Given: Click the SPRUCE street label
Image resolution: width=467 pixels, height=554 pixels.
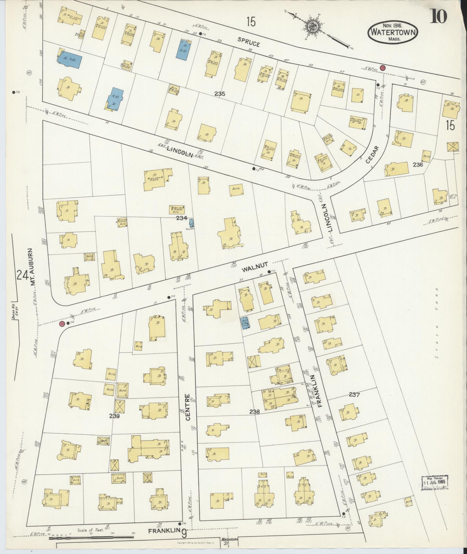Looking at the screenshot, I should tap(248, 42).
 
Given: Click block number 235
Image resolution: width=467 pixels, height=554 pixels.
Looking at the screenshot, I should tap(220, 94).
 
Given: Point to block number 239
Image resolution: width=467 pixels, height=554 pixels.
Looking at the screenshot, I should tap(115, 416).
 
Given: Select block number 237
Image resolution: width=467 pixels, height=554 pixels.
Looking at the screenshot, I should tap(354, 394).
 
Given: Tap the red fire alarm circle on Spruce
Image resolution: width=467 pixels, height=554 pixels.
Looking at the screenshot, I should tap(383, 67).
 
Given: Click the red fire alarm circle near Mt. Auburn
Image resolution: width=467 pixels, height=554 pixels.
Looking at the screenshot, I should tap(62, 323).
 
